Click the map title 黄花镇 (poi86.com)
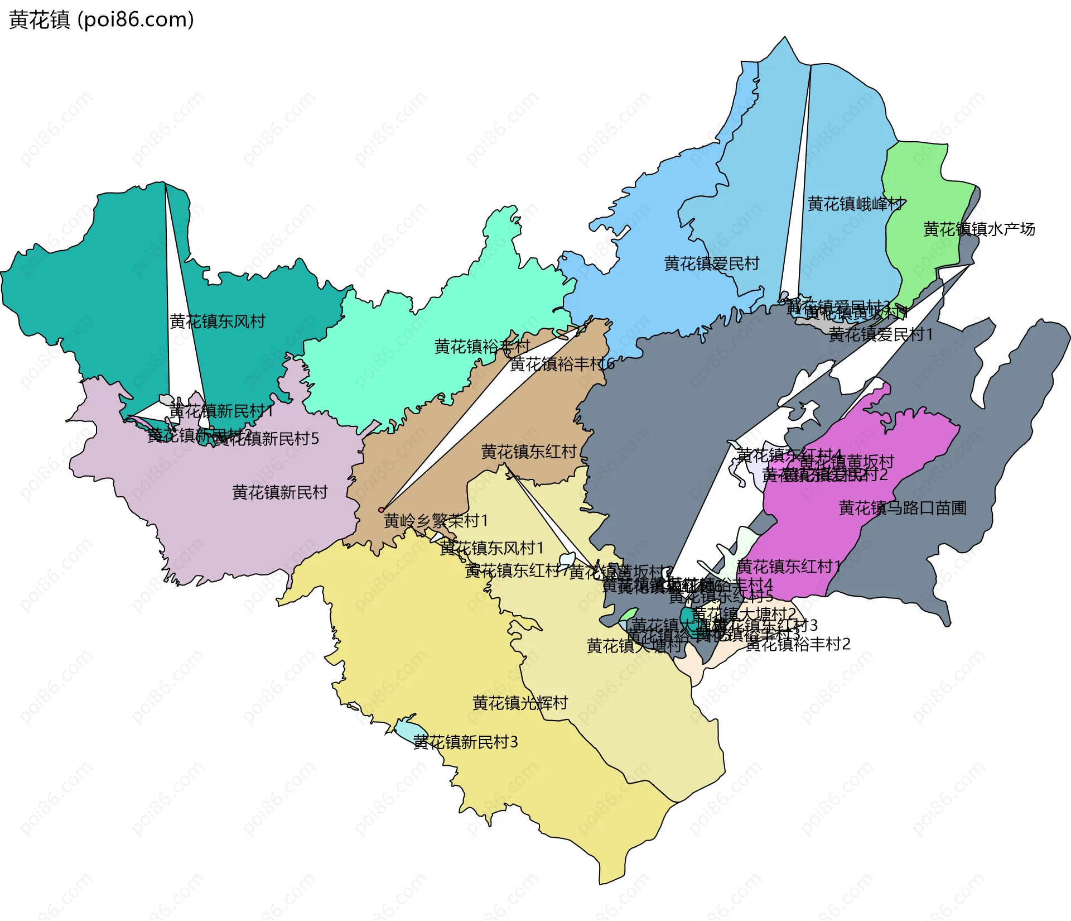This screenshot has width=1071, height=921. click(x=102, y=20)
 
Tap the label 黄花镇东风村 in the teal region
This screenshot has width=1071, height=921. click(x=218, y=322)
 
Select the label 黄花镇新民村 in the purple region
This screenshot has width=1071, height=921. click(x=279, y=492)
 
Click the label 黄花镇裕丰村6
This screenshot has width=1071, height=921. click(x=562, y=364)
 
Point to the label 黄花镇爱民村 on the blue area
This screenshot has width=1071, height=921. click(x=712, y=263)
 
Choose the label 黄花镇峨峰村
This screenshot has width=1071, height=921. click(x=856, y=204)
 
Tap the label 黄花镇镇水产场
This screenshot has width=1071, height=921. click(x=979, y=229)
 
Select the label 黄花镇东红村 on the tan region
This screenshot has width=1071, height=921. click(x=529, y=452)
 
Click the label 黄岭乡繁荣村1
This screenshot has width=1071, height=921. click(x=436, y=521)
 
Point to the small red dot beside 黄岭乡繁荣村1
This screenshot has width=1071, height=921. click(x=382, y=510)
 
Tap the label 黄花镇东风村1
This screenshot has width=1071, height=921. click(x=491, y=548)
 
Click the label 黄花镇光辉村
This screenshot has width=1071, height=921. click(x=520, y=703)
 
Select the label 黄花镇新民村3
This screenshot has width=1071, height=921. click(x=465, y=742)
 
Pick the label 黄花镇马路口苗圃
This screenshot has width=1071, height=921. click(x=903, y=508)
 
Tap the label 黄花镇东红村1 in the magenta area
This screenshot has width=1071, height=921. click(x=789, y=567)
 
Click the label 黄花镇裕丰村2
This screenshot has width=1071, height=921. click(x=798, y=645)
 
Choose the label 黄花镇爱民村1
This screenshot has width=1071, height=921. click(x=880, y=335)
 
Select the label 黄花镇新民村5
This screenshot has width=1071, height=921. click(x=267, y=439)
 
